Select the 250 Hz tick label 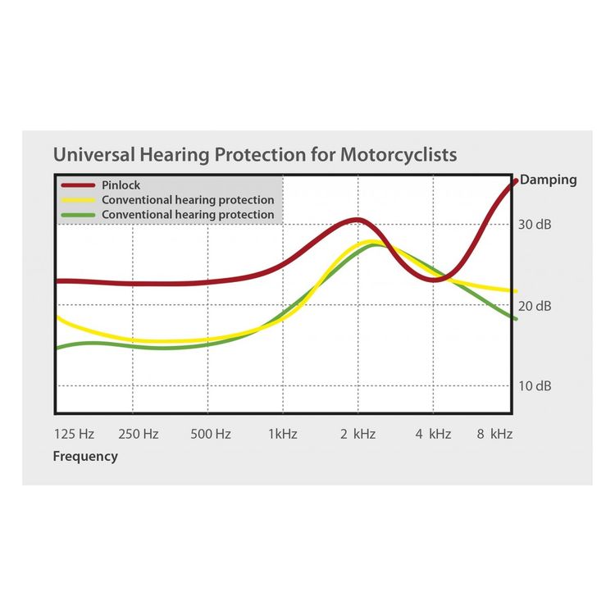(x=138, y=435)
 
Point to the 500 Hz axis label (x=211, y=435)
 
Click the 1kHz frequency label (x=283, y=435)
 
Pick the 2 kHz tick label (x=358, y=435)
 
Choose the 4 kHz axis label (x=433, y=435)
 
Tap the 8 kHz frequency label (x=495, y=435)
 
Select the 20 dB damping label (x=536, y=306)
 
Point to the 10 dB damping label (x=536, y=385)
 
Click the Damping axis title (x=549, y=180)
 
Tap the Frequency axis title (x=85, y=457)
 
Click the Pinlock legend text (x=121, y=185)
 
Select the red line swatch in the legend (x=78, y=186)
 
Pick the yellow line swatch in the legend (x=78, y=200)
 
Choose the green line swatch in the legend (x=78, y=215)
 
